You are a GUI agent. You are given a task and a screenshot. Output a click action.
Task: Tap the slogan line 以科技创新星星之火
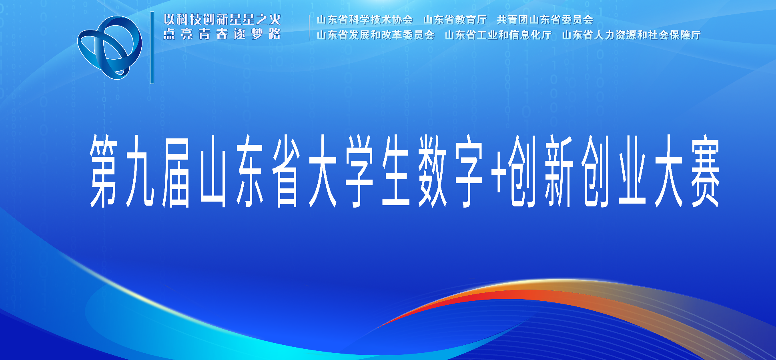[223, 19]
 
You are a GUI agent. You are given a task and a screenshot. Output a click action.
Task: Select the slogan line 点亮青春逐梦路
[222, 34]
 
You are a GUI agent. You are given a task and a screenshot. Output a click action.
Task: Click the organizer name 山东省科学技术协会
[365, 20]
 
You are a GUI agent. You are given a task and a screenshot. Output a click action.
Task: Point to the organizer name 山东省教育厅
[455, 20]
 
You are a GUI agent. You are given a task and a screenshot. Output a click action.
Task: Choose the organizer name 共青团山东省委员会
[545, 20]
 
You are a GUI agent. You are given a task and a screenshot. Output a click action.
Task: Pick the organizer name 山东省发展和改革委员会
[375, 35]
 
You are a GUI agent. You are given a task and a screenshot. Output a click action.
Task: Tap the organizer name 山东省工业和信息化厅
[498, 35]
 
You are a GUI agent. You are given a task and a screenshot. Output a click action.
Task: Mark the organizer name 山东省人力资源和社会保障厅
[632, 35]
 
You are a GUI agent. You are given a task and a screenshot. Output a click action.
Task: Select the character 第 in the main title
[104, 171]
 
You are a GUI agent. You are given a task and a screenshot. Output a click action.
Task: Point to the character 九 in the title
[140, 171]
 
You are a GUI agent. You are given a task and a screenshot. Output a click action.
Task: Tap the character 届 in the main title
[176, 171]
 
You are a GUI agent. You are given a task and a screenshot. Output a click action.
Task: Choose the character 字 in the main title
[469, 171]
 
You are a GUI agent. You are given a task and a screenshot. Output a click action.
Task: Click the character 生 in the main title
[396, 171]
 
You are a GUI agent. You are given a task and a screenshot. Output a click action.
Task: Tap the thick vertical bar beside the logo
[152, 48]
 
